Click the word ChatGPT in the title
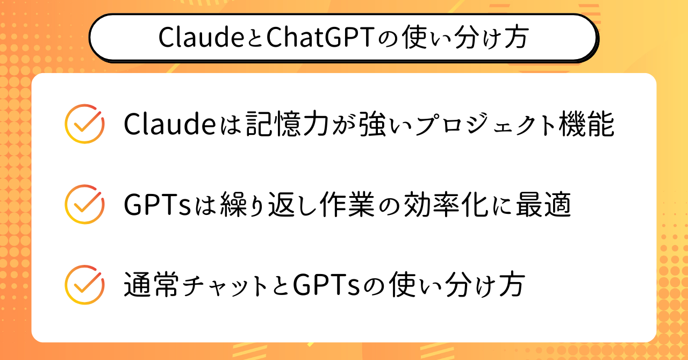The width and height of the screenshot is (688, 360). (x=320, y=38)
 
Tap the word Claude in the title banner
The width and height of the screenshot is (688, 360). (x=201, y=37)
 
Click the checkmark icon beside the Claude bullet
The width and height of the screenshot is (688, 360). (x=84, y=124)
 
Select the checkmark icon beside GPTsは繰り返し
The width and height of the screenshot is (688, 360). (x=84, y=204)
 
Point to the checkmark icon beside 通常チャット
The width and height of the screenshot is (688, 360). (x=84, y=285)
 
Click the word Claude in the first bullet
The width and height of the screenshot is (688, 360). (x=170, y=124)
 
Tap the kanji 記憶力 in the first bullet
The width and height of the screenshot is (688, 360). (x=288, y=124)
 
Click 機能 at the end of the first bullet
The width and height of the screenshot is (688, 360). (x=586, y=124)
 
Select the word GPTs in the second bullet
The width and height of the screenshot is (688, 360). (x=157, y=204)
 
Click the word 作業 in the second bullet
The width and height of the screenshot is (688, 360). (x=347, y=204)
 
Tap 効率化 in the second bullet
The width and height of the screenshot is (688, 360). (x=446, y=204)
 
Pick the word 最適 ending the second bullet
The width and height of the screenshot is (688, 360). (x=543, y=204)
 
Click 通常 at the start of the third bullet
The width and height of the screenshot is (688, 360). (x=150, y=285)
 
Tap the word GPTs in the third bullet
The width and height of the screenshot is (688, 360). (x=326, y=285)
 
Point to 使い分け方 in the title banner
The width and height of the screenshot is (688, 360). (x=466, y=37)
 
